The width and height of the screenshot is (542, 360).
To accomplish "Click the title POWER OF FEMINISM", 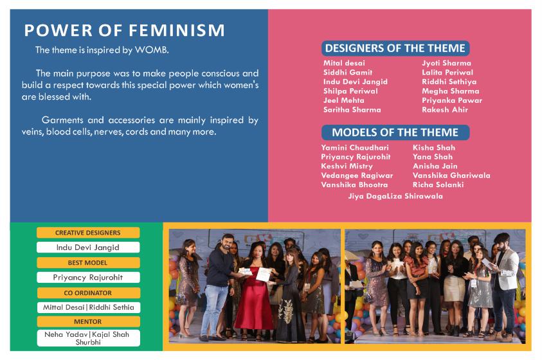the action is click(x=125, y=30).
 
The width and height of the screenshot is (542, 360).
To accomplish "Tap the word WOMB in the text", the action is click(x=151, y=50).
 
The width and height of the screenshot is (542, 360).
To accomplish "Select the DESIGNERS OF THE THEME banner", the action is click(x=395, y=48).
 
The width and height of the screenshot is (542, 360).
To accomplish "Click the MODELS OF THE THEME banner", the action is click(x=395, y=132).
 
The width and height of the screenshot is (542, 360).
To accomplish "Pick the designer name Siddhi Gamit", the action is click(x=348, y=73).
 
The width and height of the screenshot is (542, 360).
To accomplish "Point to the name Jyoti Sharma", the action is click(x=446, y=63).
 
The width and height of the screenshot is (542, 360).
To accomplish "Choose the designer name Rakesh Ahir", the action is click(x=445, y=110).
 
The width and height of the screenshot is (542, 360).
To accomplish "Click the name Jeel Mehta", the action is click(x=343, y=100).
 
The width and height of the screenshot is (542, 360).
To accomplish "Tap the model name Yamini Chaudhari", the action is click(x=355, y=147).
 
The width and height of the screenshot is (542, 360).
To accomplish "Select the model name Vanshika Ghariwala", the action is click(x=451, y=175).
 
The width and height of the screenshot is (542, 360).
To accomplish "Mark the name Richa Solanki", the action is click(x=438, y=185).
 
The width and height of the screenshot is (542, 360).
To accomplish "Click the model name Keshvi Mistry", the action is click(x=347, y=166).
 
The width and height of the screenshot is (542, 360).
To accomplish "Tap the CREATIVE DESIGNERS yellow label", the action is click(x=88, y=233).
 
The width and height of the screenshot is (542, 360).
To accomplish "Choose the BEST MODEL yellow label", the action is click(x=88, y=262).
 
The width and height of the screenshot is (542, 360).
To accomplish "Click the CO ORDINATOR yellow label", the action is click(x=88, y=292).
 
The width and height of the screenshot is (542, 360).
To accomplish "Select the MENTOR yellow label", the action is click(x=88, y=321).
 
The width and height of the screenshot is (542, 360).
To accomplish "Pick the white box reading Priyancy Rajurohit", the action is click(x=88, y=278).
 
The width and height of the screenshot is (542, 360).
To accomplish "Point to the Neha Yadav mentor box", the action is click(x=88, y=338).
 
